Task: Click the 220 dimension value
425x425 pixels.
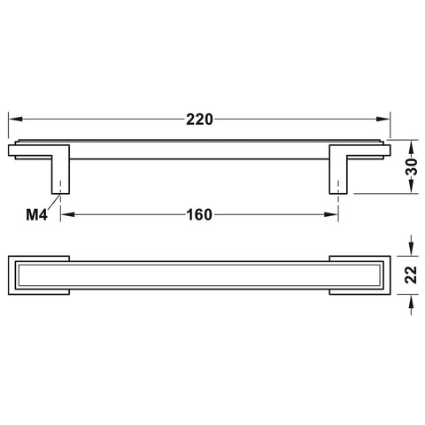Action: click(x=199, y=120)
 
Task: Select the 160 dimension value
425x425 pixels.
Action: click(x=199, y=214)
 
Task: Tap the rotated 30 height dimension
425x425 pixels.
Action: click(x=413, y=166)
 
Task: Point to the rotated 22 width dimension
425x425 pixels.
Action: click(x=411, y=274)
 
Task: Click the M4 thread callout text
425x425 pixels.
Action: click(x=36, y=214)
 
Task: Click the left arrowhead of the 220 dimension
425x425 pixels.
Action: click(x=15, y=120)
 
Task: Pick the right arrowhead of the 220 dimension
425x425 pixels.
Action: click(x=383, y=120)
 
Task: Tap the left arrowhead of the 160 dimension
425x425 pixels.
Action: click(x=67, y=214)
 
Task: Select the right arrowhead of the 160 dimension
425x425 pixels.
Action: click(x=331, y=214)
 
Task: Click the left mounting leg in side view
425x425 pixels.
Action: click(x=60, y=169)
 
